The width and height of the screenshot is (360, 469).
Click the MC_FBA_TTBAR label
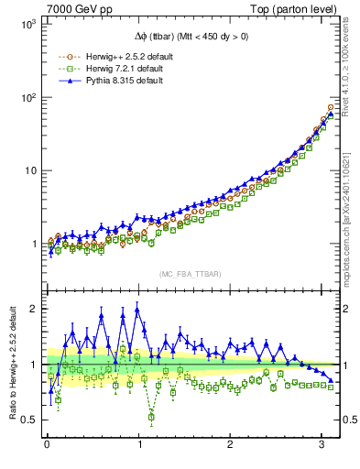[188, 275]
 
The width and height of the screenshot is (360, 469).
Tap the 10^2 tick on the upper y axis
[27, 98]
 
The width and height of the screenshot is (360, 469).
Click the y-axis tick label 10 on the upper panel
[29, 171]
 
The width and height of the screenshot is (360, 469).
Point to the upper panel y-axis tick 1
[33, 245]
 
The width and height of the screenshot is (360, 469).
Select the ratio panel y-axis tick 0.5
[28, 420]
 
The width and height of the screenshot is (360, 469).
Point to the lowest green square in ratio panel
[151, 417]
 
